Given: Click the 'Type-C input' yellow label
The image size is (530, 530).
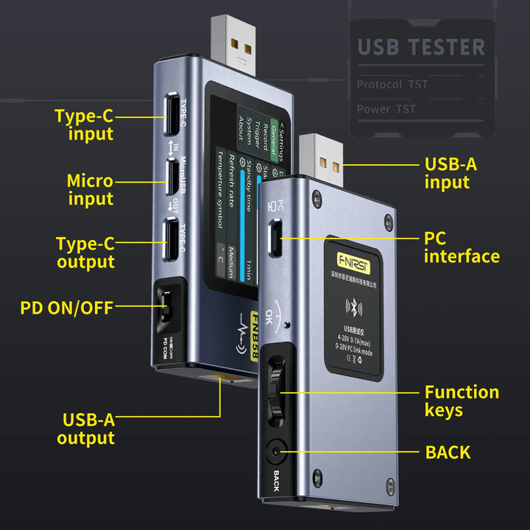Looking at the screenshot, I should [84, 124].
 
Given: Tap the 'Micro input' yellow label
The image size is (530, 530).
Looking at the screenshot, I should [90, 189].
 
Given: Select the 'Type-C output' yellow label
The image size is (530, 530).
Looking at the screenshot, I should [85, 252].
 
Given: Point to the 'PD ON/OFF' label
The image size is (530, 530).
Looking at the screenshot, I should [66, 307].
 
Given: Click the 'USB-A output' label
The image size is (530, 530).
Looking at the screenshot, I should [88, 429].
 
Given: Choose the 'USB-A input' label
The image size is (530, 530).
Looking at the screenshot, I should [451, 173].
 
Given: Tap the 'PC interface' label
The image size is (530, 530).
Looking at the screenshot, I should [461, 247].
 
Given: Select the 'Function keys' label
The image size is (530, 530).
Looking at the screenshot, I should [461, 400].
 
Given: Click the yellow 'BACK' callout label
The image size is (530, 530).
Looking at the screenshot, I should [447, 452].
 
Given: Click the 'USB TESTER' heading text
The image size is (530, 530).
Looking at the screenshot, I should [421, 47].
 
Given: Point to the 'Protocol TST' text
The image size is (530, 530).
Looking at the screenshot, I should [392, 84].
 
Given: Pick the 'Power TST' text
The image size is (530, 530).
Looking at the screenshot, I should [386, 109].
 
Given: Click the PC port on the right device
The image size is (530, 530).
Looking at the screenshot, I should [274, 238].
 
